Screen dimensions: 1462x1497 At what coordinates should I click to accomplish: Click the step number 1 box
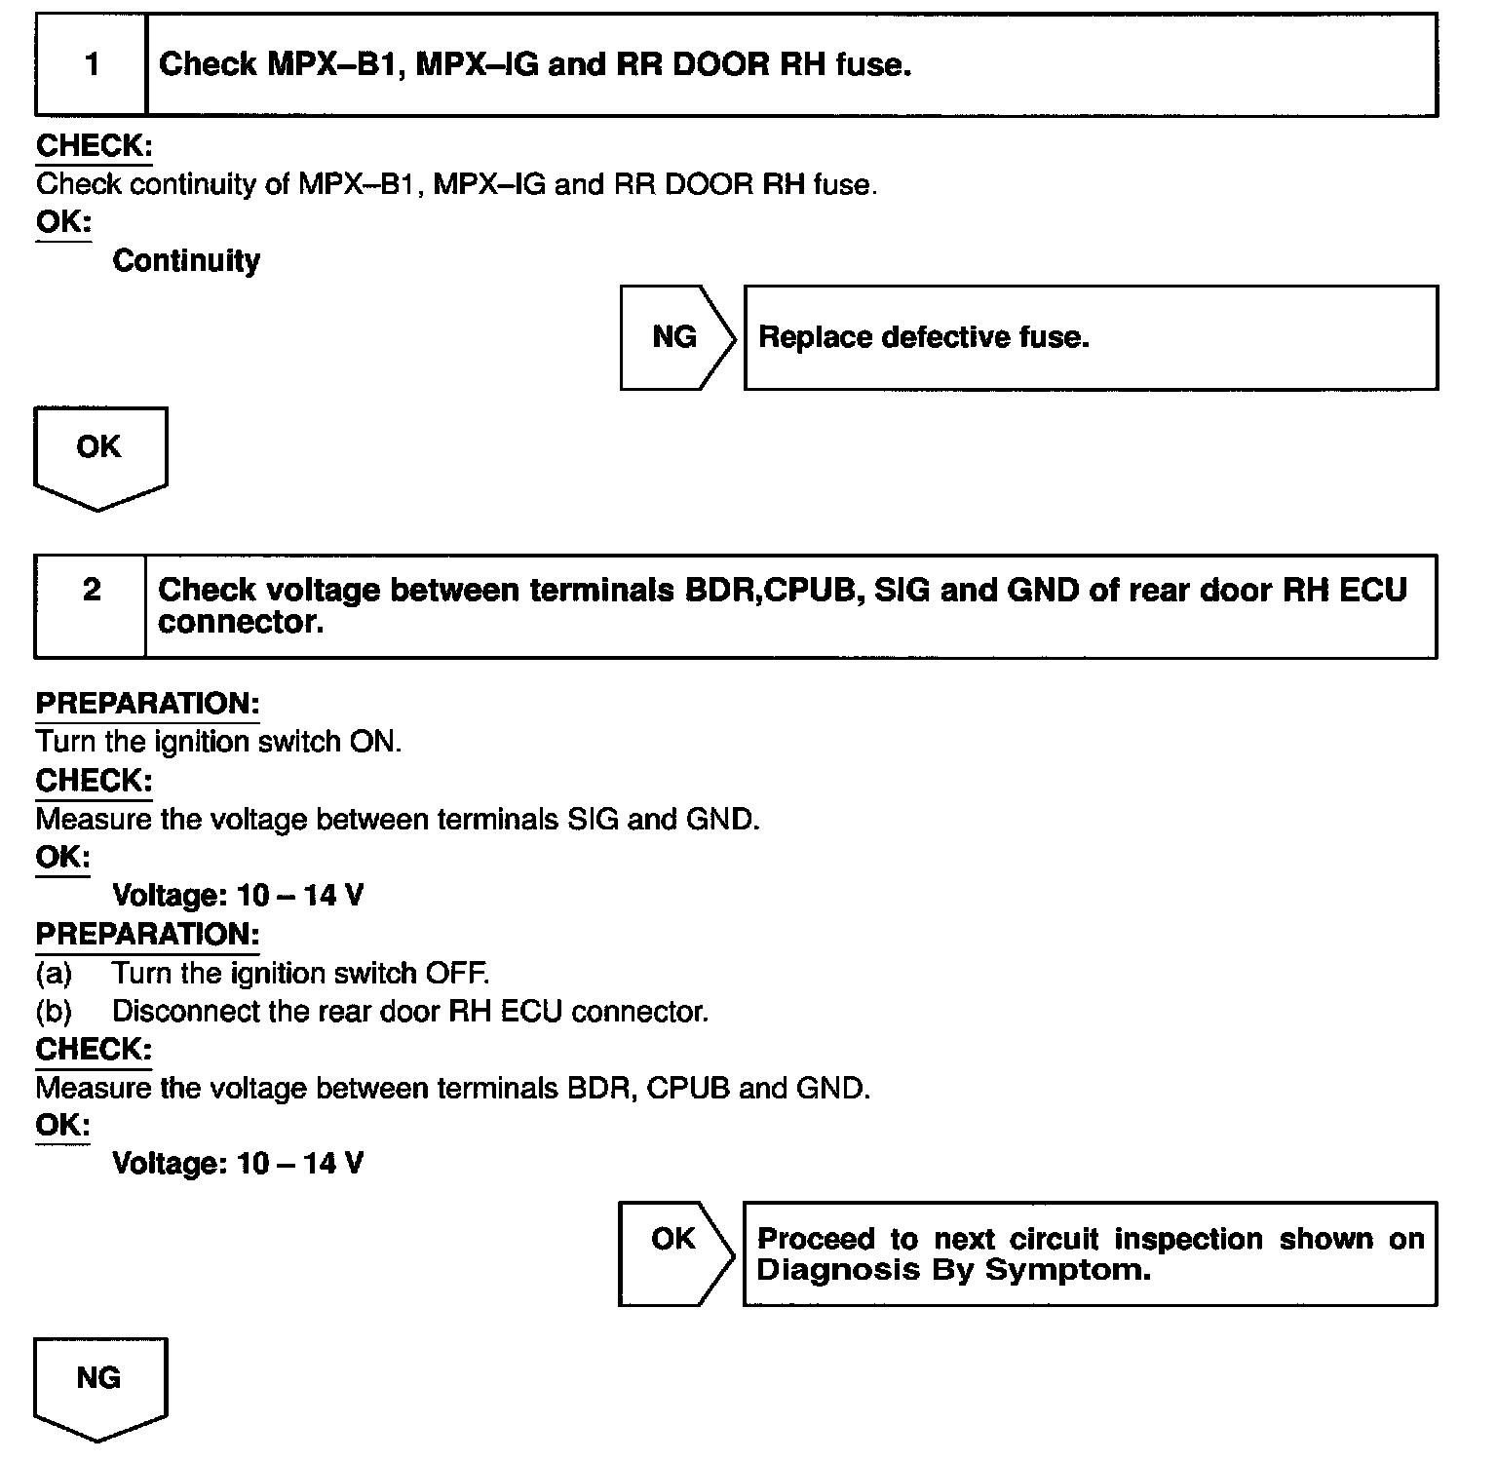[91, 64]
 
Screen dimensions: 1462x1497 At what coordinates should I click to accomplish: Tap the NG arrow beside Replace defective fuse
[675, 337]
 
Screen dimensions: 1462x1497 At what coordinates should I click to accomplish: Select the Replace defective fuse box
[1090, 337]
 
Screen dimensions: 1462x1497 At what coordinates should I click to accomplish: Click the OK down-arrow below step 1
[99, 454]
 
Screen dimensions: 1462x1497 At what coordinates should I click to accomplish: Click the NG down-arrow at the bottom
[99, 1384]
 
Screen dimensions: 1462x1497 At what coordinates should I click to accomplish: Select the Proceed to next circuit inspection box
[1090, 1253]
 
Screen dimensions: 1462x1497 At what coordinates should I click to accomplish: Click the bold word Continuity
[186, 260]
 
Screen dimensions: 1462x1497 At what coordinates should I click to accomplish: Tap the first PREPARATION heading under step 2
[147, 704]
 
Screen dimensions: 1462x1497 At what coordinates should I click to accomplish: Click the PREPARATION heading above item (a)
[147, 934]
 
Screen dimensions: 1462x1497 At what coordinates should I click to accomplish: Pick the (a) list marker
[54, 973]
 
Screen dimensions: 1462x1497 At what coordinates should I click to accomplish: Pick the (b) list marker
[54, 1012]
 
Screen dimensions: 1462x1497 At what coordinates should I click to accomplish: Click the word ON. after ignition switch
[374, 742]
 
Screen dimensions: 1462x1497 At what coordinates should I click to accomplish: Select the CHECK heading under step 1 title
[94, 146]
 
